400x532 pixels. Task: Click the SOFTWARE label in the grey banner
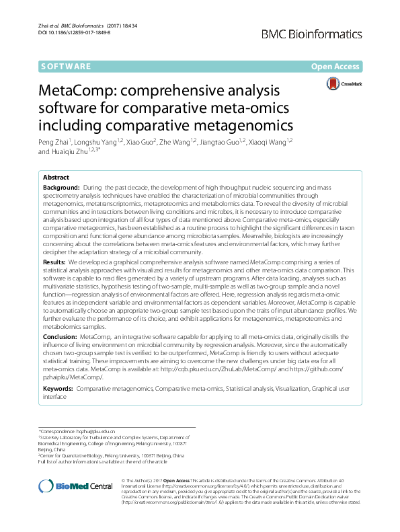66,66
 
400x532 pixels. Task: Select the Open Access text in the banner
336,66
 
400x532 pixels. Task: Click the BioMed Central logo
75,486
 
